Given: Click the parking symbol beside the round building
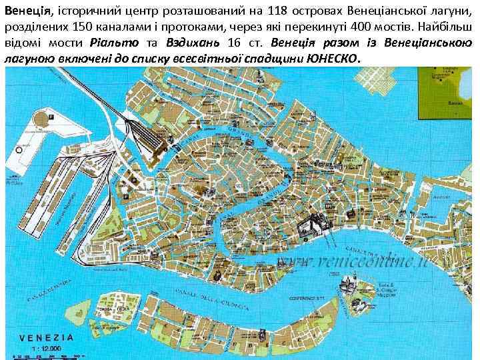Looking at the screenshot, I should pos(51,117).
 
